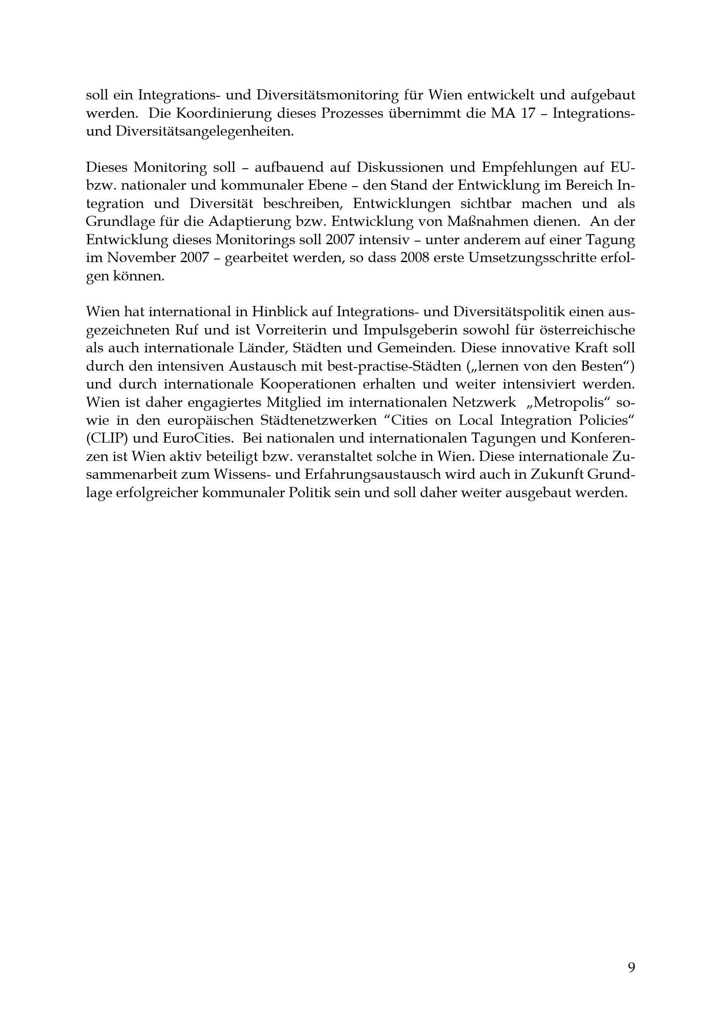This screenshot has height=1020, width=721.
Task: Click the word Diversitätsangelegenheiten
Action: pyautogui.click(x=205, y=132)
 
